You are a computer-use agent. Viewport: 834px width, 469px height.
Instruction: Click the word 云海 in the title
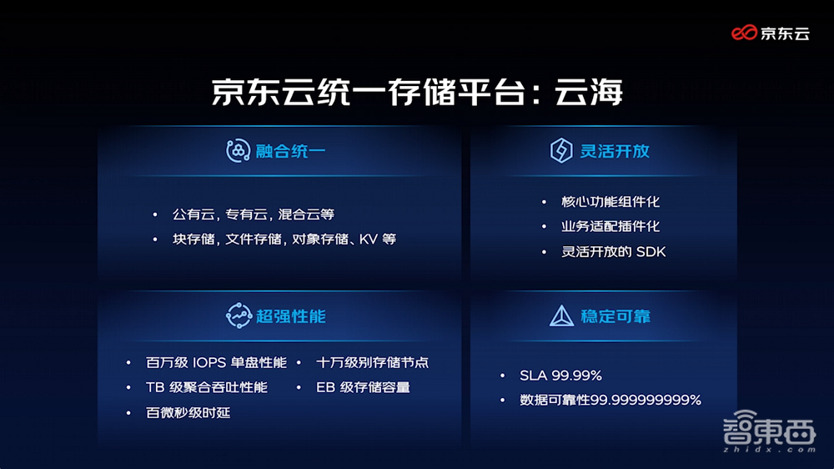(589, 91)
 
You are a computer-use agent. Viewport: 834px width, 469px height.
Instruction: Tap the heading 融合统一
(290, 151)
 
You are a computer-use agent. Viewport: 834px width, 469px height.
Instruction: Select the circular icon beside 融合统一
(239, 151)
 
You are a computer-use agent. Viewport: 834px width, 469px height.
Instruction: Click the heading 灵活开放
(615, 151)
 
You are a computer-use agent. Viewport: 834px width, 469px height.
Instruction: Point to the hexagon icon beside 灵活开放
(561, 151)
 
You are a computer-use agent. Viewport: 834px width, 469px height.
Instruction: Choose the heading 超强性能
(290, 316)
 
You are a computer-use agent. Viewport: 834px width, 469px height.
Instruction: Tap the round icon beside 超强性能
(239, 316)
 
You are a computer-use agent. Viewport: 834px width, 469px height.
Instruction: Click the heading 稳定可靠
(615, 316)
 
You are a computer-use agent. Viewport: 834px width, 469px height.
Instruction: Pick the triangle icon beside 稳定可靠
(561, 316)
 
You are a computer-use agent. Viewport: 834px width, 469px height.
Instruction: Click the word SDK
(650, 252)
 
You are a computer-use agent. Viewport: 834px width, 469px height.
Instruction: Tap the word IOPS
(215, 363)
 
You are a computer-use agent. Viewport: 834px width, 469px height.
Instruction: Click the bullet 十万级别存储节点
(373, 363)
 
